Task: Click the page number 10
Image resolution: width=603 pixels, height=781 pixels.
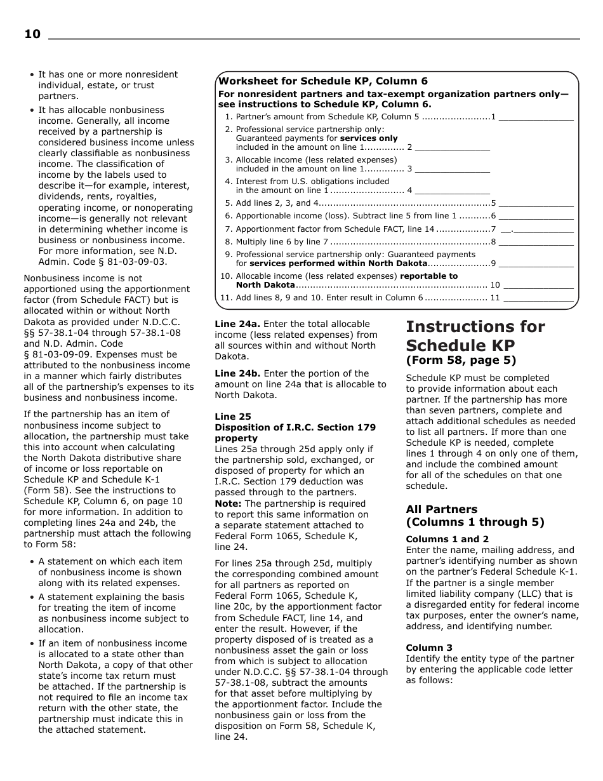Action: (32, 34)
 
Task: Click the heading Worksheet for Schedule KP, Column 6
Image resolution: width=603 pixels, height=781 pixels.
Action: (323, 81)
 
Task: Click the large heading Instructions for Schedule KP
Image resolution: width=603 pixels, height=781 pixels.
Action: (475, 336)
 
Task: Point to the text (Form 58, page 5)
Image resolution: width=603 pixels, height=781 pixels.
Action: (461, 361)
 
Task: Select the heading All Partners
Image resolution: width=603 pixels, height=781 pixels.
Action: (442, 509)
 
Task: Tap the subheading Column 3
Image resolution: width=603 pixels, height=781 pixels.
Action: (430, 648)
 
